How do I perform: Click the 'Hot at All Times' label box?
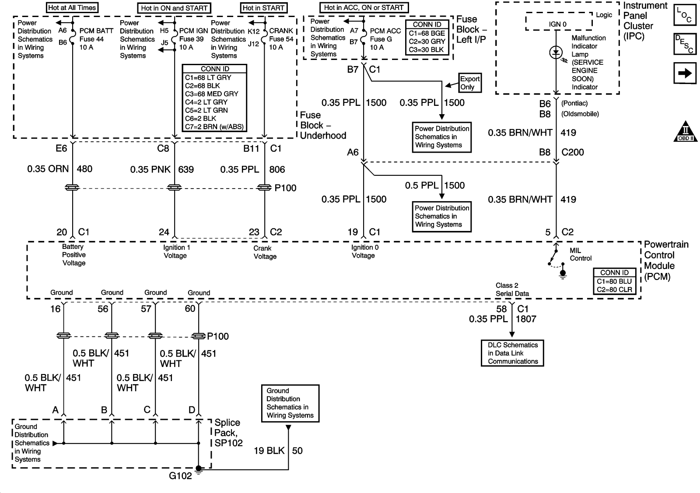pyautogui.click(x=72, y=7)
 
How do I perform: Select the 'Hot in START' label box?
pyautogui.click(x=264, y=8)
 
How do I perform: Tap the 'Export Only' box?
pyautogui.click(x=469, y=83)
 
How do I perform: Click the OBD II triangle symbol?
pyautogui.click(x=685, y=131)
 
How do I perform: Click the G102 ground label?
pyautogui.click(x=180, y=476)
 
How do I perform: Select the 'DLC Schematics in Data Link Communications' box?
pyautogui.click(x=512, y=353)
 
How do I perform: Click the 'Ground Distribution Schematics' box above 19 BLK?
pyautogui.click(x=290, y=403)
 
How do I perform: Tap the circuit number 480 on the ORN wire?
pyautogui.click(x=84, y=169)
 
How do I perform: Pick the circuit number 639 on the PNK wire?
pyautogui.click(x=186, y=169)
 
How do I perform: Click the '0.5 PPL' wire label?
pyautogui.click(x=421, y=185)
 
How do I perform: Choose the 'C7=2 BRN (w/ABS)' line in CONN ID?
pyautogui.click(x=214, y=127)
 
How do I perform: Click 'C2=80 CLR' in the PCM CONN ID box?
pyautogui.click(x=614, y=290)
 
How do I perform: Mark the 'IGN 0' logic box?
pyautogui.click(x=558, y=24)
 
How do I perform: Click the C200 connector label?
pyautogui.click(x=573, y=152)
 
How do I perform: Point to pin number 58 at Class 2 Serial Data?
pyautogui.click(x=501, y=309)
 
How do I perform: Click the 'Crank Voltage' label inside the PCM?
pyautogui.click(x=265, y=252)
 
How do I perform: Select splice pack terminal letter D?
pyautogui.click(x=192, y=410)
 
